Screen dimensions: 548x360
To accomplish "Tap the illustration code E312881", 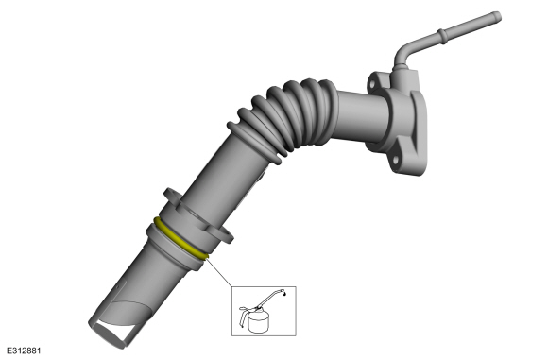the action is pos(24,351).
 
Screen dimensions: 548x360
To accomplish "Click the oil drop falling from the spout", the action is pos(286,295).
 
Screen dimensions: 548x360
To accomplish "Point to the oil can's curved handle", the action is pos(242,316).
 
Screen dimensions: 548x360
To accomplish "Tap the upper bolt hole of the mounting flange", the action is pos(372,85).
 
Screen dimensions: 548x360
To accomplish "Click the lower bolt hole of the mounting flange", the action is pos(396,161).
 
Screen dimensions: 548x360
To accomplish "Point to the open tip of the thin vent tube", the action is pos(498,17).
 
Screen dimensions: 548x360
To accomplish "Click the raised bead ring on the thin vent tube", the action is pos(442,36).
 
